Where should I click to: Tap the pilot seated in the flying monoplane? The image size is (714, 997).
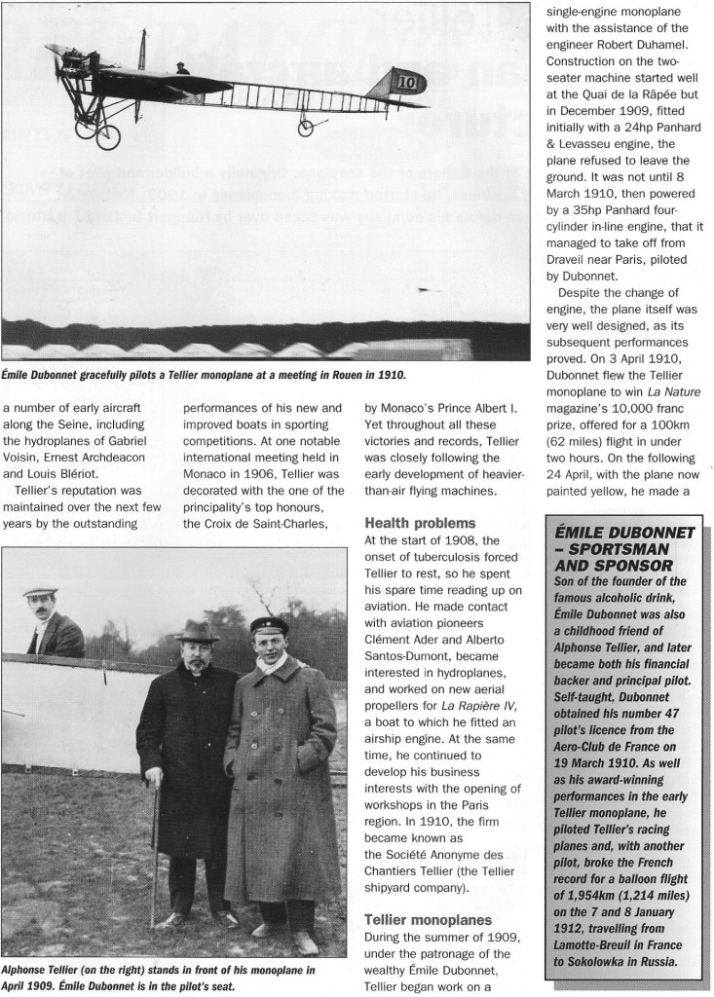[x=182, y=68]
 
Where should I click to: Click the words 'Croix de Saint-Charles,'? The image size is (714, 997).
[x=258, y=527]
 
